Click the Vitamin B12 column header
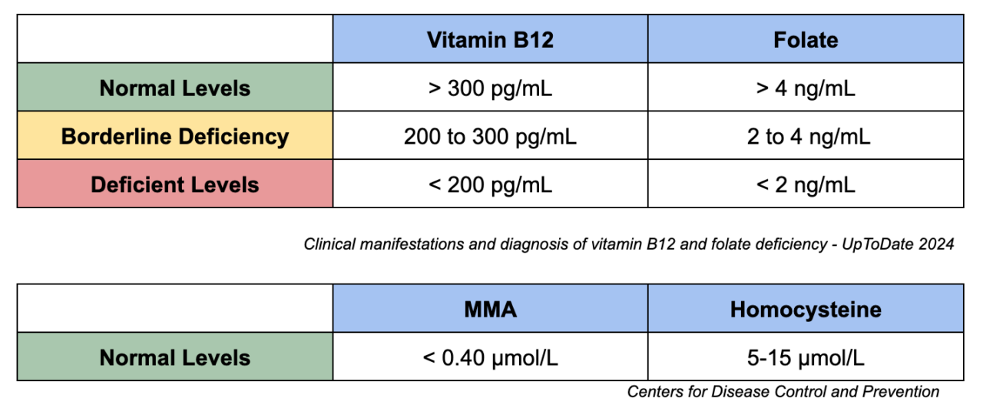pos(490,40)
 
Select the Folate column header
pos(806,40)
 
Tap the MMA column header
pos(490,309)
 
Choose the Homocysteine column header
pos(806,309)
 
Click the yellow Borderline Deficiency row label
pos(175,136)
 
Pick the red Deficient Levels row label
pos(175,184)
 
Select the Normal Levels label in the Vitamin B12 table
pos(175,88)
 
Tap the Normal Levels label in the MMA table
pos(175,357)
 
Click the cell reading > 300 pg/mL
pos(490,88)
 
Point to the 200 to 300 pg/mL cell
pos(490,136)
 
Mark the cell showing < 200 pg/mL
pos(490,184)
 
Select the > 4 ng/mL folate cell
pos(806,88)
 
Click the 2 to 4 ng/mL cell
pos(806,136)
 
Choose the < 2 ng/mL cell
pos(806,184)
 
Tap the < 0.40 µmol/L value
pos(490,357)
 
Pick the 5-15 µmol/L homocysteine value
pos(806,357)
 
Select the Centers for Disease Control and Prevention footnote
pos(783,392)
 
